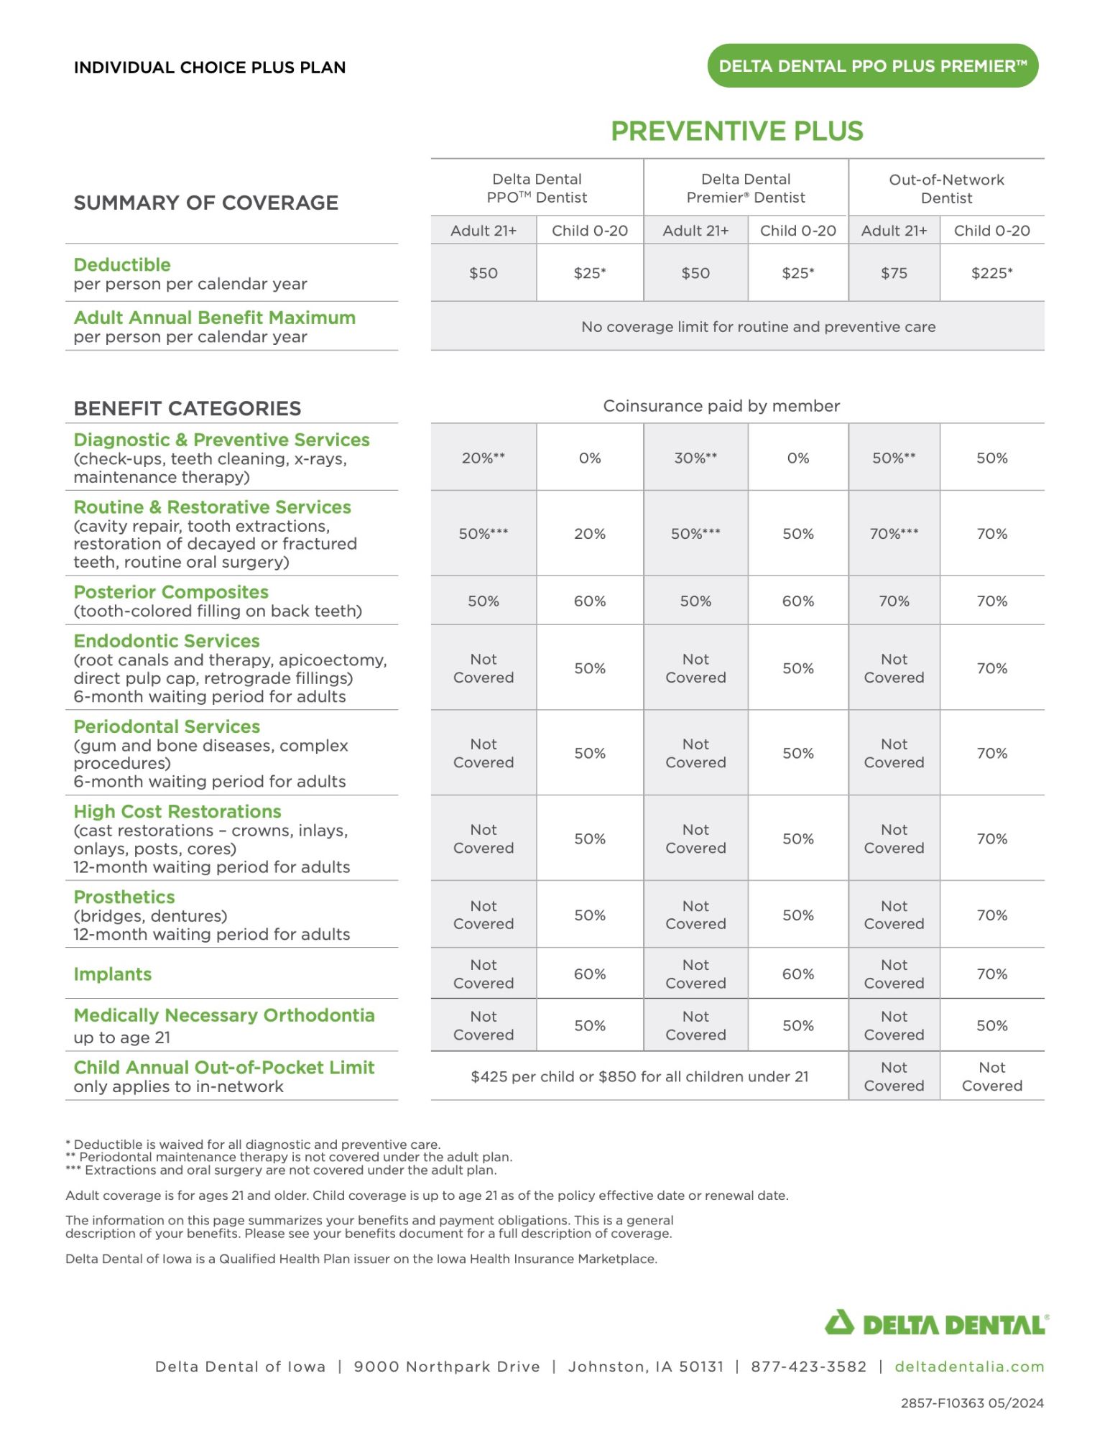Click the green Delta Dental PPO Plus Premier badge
[872, 66]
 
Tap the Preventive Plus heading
[736, 131]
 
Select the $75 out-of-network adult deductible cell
[894, 273]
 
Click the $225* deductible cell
[991, 273]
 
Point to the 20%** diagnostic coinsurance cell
[483, 458]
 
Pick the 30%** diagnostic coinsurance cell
[695, 458]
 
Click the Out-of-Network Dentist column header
[946, 188]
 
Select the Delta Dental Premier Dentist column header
[745, 188]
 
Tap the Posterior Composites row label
[171, 592]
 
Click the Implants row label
[113, 974]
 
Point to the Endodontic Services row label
[167, 641]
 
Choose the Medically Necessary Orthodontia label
[224, 1015]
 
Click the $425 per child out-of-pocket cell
[639, 1076]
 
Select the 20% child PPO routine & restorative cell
[589, 534]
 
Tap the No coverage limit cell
[758, 327]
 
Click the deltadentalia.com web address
[969, 1367]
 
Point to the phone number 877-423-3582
[808, 1367]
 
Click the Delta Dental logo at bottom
[936, 1323]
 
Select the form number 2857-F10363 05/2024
[972, 1403]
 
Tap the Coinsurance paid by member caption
[721, 406]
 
